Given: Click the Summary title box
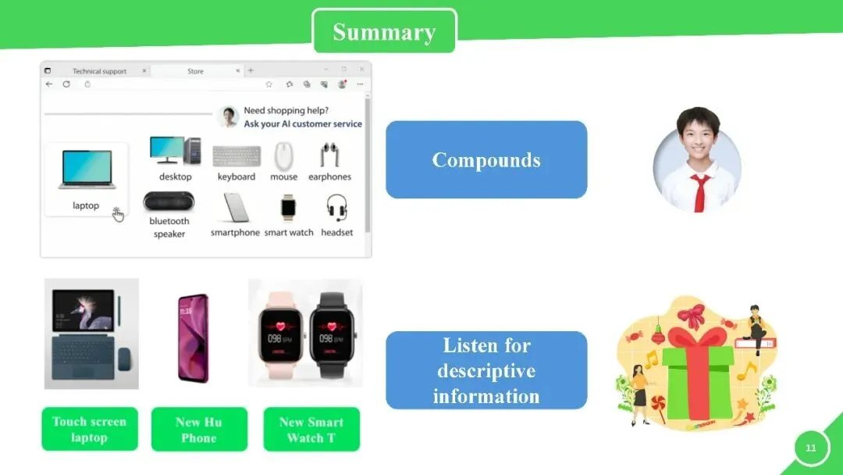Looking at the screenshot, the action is coord(384,31).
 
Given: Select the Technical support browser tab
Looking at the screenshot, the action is coord(99,71).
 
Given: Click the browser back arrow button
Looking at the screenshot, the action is coord(49,84).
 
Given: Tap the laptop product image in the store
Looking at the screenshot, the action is coord(87,170).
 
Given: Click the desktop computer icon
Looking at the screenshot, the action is coord(176,151).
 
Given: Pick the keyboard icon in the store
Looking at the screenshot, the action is coord(237,156).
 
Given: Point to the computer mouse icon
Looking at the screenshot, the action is coord(283,156).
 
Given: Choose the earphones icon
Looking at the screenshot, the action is coord(329,155).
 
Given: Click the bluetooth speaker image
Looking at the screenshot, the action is coord(169,202).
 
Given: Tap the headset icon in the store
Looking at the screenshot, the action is coord(337,208).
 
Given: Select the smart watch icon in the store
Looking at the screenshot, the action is coord(288,208).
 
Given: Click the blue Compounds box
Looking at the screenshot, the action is coord(486,160).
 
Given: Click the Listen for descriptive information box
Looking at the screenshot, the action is coord(486,370).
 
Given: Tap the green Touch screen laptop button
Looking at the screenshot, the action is coord(90,429).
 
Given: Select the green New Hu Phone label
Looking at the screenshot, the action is coord(200,429).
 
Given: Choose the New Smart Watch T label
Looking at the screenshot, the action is coord(311,429).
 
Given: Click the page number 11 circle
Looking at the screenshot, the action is coord(811,447).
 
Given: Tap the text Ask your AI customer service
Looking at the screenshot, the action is coord(303,123).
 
